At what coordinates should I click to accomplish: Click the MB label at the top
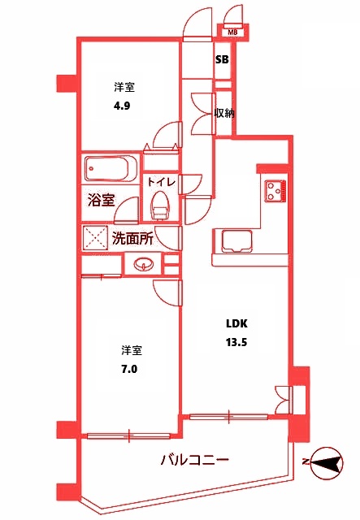tap(232, 32)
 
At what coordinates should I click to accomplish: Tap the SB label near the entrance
tap(222, 60)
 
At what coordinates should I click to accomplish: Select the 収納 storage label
tap(224, 113)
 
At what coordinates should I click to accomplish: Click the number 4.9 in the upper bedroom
tap(122, 104)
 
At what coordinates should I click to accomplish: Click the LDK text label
tap(236, 323)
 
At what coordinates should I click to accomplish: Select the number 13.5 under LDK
tap(236, 342)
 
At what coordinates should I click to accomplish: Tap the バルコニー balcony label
tap(194, 460)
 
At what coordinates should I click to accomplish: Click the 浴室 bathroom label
tap(101, 199)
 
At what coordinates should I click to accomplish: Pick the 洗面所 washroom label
tap(133, 239)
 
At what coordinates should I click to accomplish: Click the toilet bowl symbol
tap(160, 205)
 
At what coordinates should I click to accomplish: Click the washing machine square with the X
tap(95, 239)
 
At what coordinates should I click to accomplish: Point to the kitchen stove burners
tap(274, 191)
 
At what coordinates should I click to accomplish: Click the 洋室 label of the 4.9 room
tap(124, 85)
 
